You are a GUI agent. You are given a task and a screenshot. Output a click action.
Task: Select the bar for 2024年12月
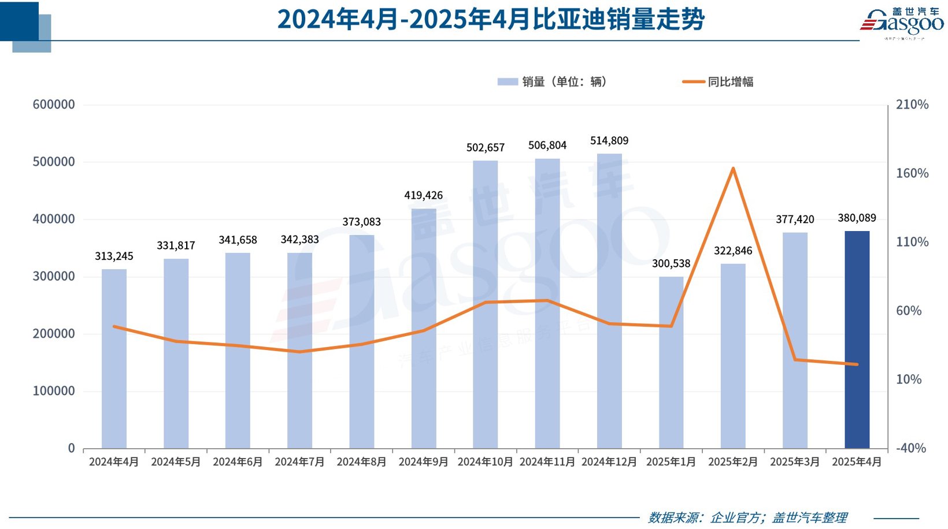click(609, 300)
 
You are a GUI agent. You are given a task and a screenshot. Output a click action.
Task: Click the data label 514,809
click(609, 141)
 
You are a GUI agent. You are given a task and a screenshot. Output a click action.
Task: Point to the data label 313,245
click(114, 256)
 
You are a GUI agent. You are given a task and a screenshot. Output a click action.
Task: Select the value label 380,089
click(857, 218)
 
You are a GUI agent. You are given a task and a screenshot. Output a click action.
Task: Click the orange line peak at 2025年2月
click(733, 169)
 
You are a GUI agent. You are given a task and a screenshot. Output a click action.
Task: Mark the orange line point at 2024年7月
click(299, 352)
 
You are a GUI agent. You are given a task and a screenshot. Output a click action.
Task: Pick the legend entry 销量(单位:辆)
click(552, 82)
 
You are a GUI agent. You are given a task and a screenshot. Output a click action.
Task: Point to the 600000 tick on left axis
click(54, 105)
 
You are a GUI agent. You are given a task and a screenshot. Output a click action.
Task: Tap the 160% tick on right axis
click(912, 173)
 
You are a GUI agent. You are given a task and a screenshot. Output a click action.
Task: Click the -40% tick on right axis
click(910, 448)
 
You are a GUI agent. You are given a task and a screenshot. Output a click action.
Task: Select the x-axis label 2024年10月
click(485, 462)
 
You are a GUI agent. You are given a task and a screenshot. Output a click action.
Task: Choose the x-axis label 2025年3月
click(795, 462)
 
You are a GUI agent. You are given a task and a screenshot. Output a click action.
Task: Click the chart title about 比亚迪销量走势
click(491, 20)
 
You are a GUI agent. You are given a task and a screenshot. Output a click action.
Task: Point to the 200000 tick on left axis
click(54, 334)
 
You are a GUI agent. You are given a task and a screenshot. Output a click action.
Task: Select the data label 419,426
click(423, 196)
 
